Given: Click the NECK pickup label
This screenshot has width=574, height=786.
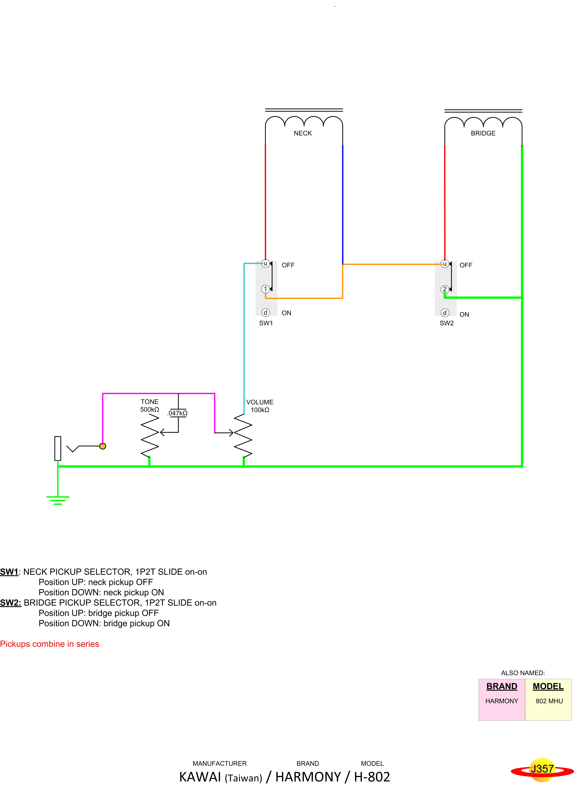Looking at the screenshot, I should coord(303,133).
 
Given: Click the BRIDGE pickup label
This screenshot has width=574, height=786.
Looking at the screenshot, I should coord(483,133).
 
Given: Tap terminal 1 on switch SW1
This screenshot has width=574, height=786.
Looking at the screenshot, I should coord(265,289).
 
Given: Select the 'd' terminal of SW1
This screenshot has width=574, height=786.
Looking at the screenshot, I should coord(265,312).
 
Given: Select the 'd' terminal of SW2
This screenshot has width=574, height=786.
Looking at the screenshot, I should coord(445,313).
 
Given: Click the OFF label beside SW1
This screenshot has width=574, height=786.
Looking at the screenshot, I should coord(288,265).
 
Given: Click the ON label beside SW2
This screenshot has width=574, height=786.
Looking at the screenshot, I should coord(464,315).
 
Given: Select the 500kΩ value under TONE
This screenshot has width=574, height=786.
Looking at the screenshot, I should coord(149,410).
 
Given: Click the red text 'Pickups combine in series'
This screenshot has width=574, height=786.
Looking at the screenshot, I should coord(50,644).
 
